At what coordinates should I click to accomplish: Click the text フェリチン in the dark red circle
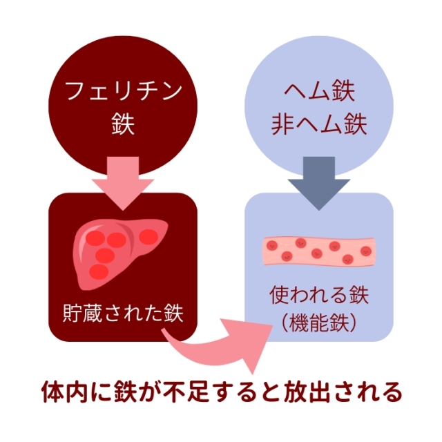click(x=123, y=91)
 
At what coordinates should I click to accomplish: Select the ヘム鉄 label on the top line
click(x=319, y=91)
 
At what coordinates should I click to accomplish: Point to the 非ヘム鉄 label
click(x=319, y=124)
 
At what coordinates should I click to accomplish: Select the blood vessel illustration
click(x=319, y=251)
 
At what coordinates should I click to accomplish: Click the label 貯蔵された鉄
click(x=123, y=313)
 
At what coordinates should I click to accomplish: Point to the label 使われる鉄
click(x=319, y=295)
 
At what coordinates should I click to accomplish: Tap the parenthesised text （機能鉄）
click(x=319, y=323)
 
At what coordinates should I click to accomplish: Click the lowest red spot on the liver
click(x=99, y=271)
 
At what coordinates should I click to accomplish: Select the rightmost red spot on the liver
click(x=148, y=237)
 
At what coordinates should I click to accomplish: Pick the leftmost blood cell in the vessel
click(x=272, y=246)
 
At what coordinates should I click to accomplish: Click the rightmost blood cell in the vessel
click(x=366, y=251)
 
